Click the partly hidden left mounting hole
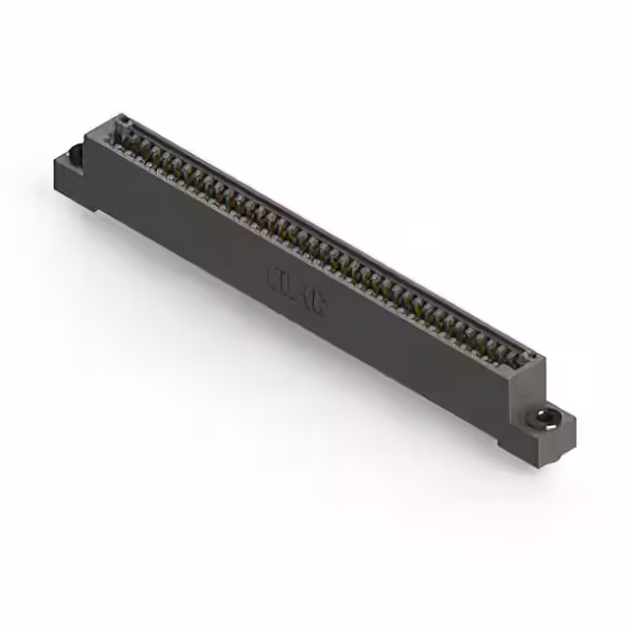click(x=75, y=155)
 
